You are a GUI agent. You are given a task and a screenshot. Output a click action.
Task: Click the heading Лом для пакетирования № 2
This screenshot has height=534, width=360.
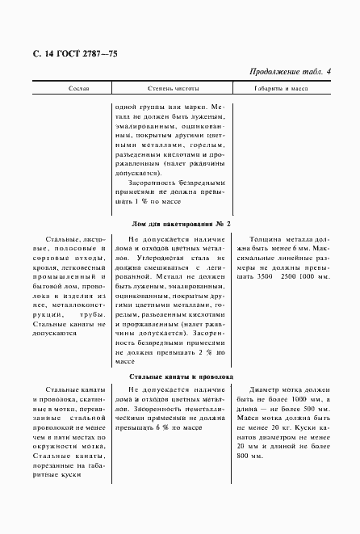click(x=181, y=223)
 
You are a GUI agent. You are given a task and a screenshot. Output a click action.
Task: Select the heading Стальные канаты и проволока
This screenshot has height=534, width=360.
click(x=181, y=377)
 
